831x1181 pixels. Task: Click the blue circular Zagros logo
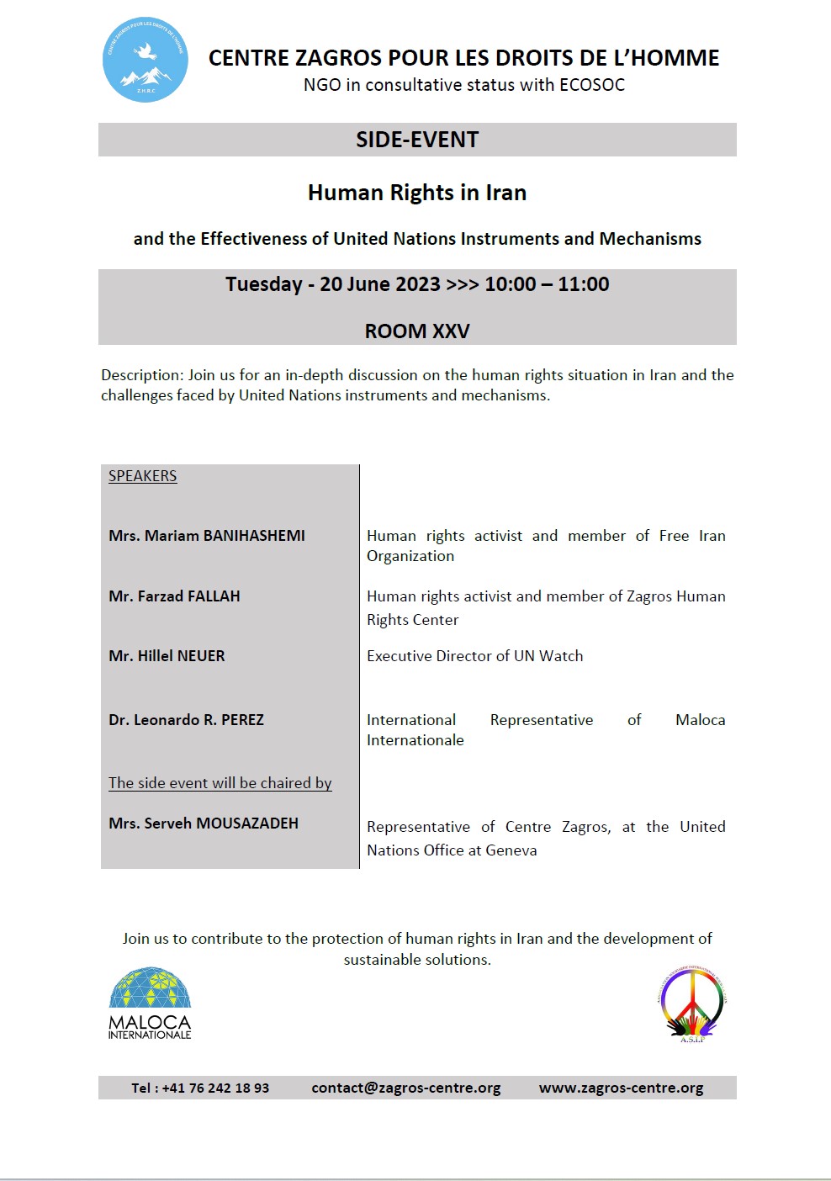145,60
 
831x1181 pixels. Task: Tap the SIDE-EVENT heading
417,140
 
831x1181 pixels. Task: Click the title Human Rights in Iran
417,193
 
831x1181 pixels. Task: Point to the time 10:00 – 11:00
547,284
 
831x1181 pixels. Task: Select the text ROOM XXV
417,331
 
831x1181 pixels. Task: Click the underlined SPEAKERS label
142,476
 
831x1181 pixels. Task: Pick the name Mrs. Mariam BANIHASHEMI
207,536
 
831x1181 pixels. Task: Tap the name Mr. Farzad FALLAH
174,596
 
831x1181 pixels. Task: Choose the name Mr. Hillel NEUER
167,656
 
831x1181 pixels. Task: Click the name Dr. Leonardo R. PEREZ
186,720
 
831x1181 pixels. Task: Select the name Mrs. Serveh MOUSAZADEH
204,824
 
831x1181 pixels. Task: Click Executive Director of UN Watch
474,656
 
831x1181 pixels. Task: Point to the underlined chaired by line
220,783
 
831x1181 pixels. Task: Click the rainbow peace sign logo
692,1004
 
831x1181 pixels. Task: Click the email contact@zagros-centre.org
405,1088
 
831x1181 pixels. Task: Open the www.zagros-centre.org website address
621,1088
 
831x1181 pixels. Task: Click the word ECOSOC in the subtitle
592,85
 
